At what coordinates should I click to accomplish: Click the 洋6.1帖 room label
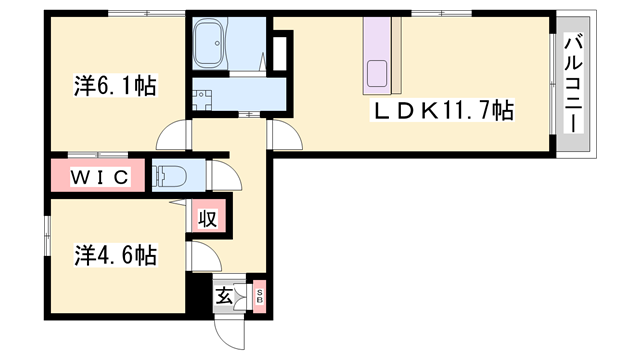point(116,85)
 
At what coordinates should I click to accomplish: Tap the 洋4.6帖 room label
point(116,255)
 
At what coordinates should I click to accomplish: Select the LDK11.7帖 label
point(442,110)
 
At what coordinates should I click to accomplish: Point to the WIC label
point(100,177)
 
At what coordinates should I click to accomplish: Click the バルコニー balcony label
point(573,84)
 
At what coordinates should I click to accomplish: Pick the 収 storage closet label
point(207,219)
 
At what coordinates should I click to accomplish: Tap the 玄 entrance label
point(224,295)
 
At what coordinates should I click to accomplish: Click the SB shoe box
point(260,296)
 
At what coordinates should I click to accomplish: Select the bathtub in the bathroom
point(209,44)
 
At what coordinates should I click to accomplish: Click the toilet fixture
point(169,176)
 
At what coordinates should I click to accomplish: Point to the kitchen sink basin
point(377,73)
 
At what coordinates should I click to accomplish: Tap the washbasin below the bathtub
point(202,100)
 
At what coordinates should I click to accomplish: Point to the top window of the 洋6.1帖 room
point(147,13)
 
